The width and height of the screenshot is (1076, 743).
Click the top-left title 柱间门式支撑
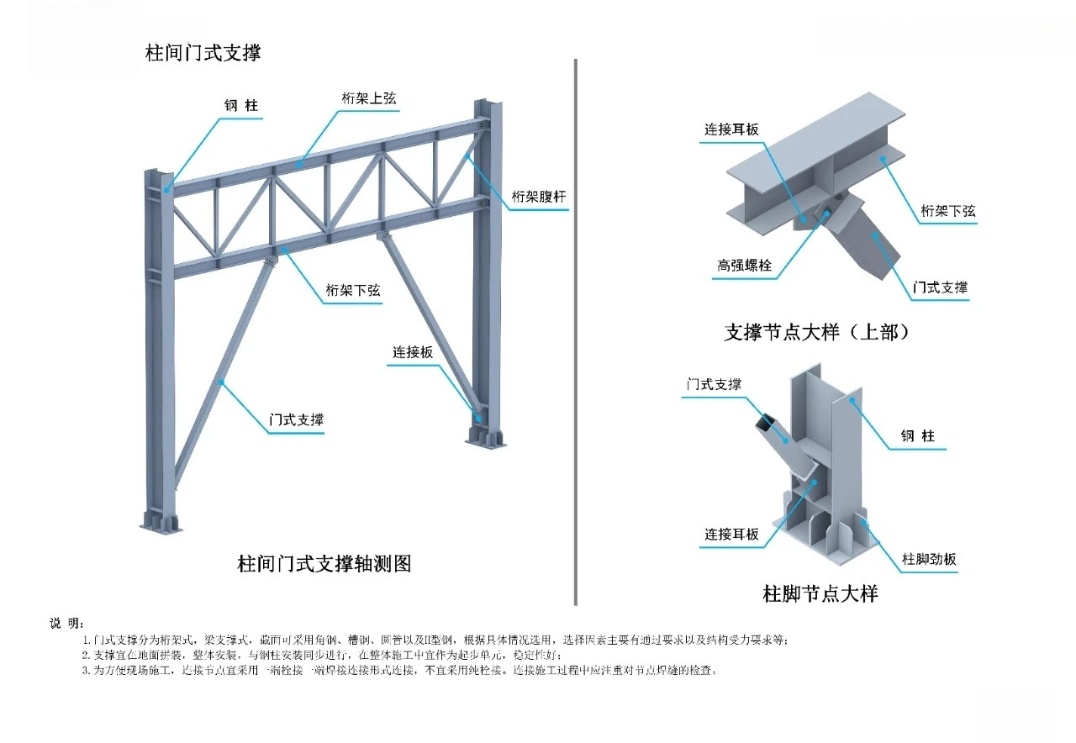tap(203, 52)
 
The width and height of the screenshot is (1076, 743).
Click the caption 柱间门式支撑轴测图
tap(324, 564)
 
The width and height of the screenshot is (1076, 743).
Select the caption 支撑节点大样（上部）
tap(817, 332)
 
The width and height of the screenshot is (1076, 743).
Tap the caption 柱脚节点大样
tap(820, 594)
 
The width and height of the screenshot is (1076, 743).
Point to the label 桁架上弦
tap(368, 99)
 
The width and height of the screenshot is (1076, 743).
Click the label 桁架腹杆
tap(539, 198)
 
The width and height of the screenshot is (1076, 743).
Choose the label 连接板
tap(413, 352)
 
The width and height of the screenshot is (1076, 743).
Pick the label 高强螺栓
tap(744, 266)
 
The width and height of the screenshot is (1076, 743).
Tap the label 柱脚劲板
tap(929, 560)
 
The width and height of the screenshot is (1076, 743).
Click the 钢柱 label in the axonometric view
tap(240, 106)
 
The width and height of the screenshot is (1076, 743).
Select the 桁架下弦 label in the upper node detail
tap(948, 211)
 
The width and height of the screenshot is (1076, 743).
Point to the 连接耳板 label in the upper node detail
tap(731, 129)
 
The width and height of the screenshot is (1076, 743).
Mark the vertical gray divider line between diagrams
tap(575, 336)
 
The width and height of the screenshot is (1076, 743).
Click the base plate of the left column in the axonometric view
tap(161, 526)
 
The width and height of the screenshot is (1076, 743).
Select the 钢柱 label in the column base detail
tap(918, 436)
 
